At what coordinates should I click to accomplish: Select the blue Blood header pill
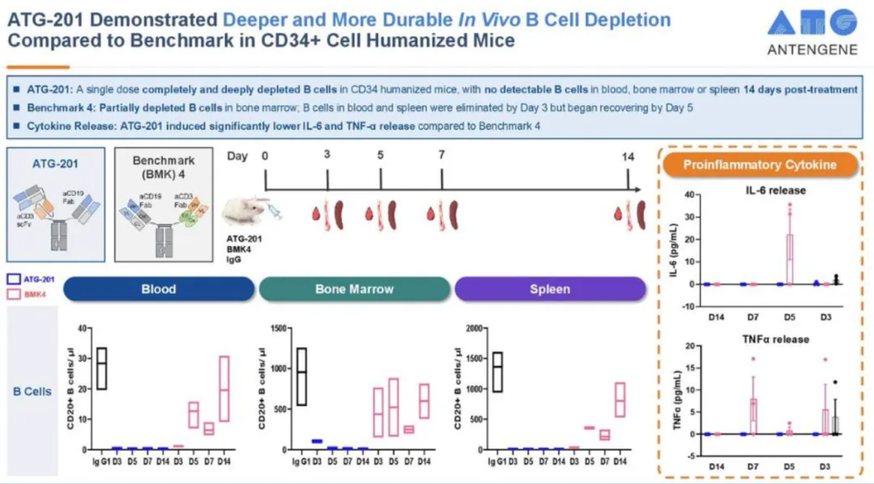(x=158, y=289)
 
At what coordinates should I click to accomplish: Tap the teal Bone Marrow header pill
(x=353, y=289)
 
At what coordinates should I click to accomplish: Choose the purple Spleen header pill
(x=549, y=289)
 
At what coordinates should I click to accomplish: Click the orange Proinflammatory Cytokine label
(x=759, y=165)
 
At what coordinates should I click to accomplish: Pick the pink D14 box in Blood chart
(x=224, y=389)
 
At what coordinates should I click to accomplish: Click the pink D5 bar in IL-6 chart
(x=789, y=259)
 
